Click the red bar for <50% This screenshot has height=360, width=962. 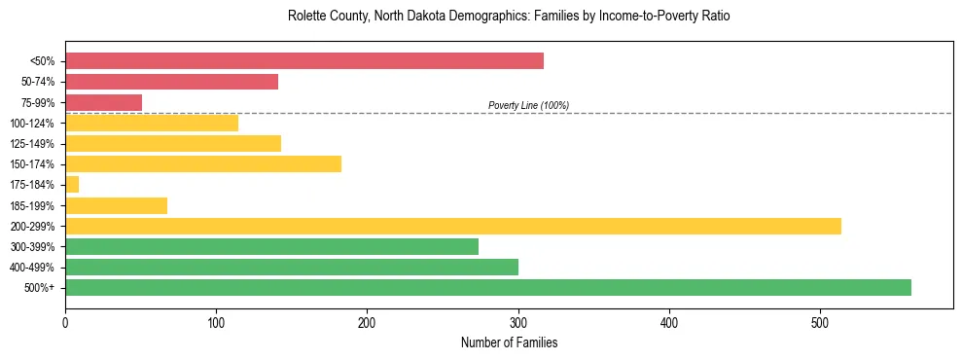tap(303, 61)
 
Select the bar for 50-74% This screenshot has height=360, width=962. tap(171, 82)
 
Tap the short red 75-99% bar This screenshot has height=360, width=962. tap(103, 102)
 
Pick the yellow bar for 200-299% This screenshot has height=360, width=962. tap(452, 226)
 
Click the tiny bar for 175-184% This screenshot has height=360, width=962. tap(72, 185)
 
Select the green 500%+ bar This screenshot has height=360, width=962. tap(487, 287)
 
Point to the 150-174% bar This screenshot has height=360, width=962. tap(202, 163)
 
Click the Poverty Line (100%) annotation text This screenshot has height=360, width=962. tap(528, 105)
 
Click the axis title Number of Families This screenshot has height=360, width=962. tap(509, 342)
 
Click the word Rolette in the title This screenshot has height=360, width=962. tap(305, 17)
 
